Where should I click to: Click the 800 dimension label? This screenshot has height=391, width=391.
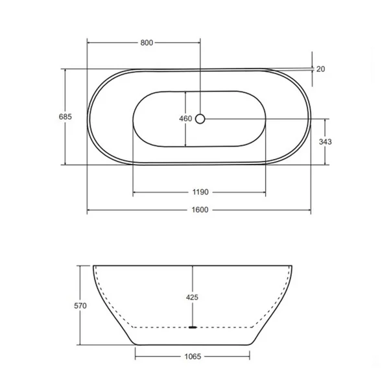click(x=146, y=43)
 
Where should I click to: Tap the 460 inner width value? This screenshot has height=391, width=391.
click(x=185, y=119)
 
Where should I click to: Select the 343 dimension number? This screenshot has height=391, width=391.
click(x=326, y=142)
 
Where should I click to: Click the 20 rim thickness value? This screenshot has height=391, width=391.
click(x=321, y=69)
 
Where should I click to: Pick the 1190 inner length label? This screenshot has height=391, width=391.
click(x=199, y=193)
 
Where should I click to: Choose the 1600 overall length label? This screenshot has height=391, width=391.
click(x=199, y=211)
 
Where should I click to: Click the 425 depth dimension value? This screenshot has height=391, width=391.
click(x=192, y=298)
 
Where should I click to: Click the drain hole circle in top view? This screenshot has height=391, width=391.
click(x=200, y=119)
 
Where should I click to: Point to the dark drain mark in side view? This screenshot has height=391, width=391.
click(x=192, y=327)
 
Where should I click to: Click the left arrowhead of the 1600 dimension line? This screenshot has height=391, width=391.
click(x=89, y=211)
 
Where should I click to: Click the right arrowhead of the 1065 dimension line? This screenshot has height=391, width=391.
click(x=250, y=355)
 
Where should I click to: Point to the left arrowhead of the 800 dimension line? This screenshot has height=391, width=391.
click(x=89, y=43)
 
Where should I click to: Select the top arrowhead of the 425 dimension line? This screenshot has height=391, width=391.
click(x=192, y=267)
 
